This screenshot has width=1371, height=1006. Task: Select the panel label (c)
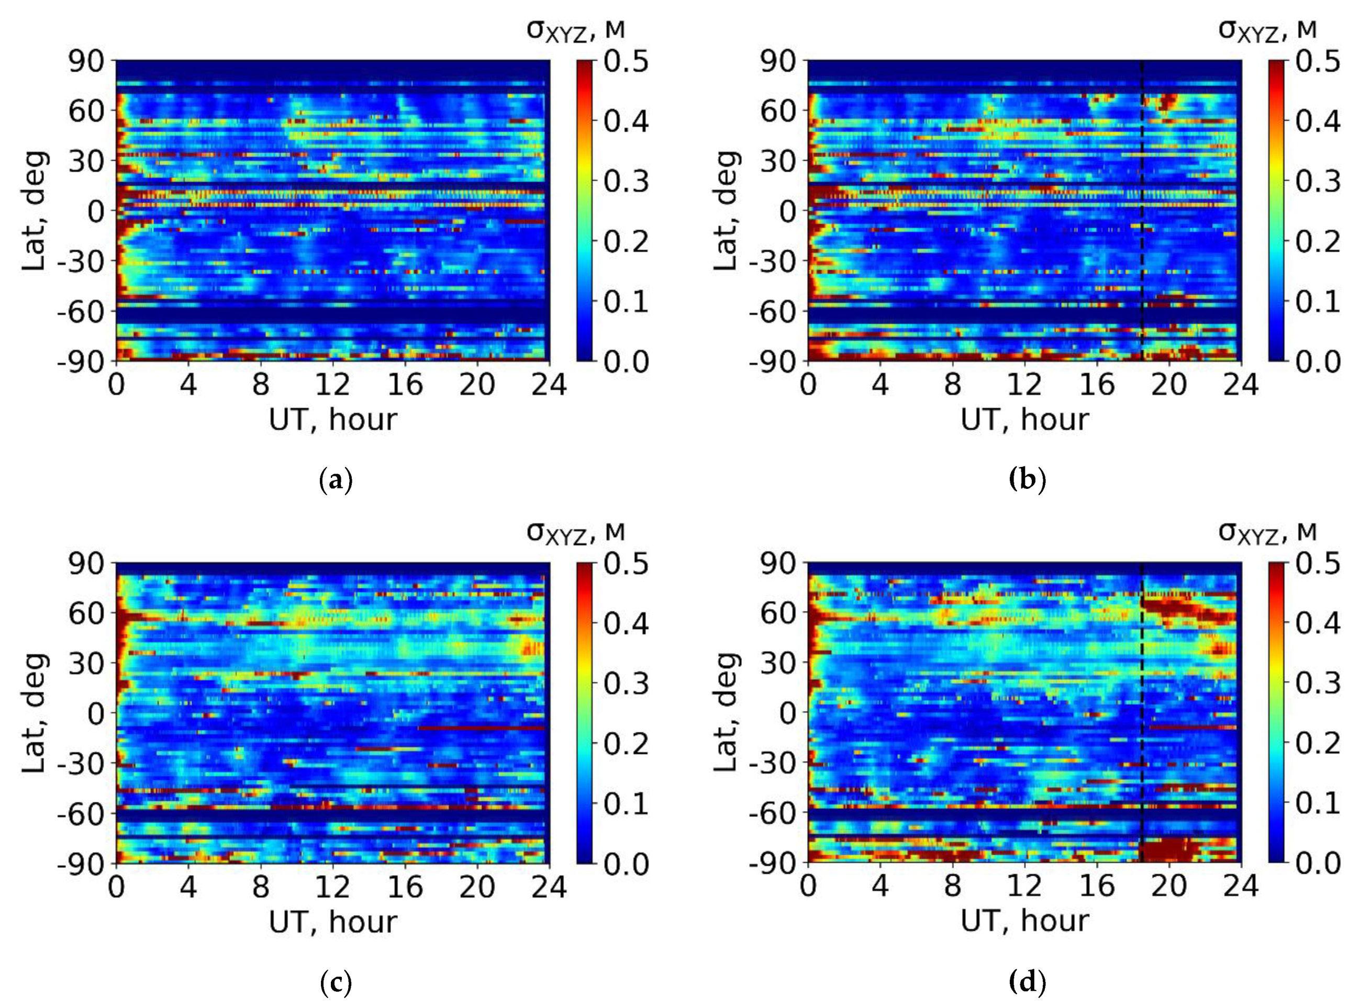click(336, 982)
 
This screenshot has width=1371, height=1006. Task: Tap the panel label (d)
click(1027, 982)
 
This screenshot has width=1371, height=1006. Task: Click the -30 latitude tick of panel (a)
click(82, 262)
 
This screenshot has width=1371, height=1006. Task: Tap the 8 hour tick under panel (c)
click(261, 887)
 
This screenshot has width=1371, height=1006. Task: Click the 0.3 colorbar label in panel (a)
click(626, 182)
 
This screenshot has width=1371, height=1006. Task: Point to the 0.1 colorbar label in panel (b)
click(1318, 301)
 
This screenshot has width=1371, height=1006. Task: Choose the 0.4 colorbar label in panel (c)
click(626, 623)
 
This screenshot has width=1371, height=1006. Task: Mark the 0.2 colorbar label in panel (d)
click(1318, 744)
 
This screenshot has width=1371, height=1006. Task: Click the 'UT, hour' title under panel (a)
click(332, 420)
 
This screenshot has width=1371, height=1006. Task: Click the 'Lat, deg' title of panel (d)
click(726, 712)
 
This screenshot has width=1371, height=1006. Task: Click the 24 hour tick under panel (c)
click(549, 887)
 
